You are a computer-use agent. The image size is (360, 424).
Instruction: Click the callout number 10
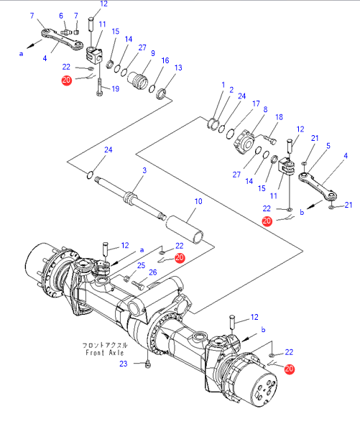[198, 201]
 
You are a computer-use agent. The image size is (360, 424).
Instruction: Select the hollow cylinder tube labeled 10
[185, 229]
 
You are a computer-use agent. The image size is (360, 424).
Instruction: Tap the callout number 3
[144, 170]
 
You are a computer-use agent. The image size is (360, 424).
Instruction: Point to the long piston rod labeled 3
[131, 198]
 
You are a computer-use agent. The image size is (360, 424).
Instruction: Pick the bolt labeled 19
[100, 86]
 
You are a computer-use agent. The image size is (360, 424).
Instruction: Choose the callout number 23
[124, 364]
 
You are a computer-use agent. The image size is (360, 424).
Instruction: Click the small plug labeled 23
[148, 365]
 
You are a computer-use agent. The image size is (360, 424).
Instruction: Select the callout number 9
[153, 53]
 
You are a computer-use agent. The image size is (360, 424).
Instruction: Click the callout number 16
[165, 60]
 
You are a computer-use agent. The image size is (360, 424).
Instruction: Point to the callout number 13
[178, 68]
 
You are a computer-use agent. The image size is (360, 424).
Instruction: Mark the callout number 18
[279, 117]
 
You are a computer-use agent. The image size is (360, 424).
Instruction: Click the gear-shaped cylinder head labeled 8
[244, 142]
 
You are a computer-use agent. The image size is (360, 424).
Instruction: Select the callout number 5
[328, 146]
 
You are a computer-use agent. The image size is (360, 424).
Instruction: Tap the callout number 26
[153, 272]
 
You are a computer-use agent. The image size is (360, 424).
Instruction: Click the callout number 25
[141, 266]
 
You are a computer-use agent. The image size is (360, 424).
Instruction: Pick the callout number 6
[61, 16]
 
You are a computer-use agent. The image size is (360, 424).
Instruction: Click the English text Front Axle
[105, 353]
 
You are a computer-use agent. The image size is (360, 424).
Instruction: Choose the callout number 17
[256, 103]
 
